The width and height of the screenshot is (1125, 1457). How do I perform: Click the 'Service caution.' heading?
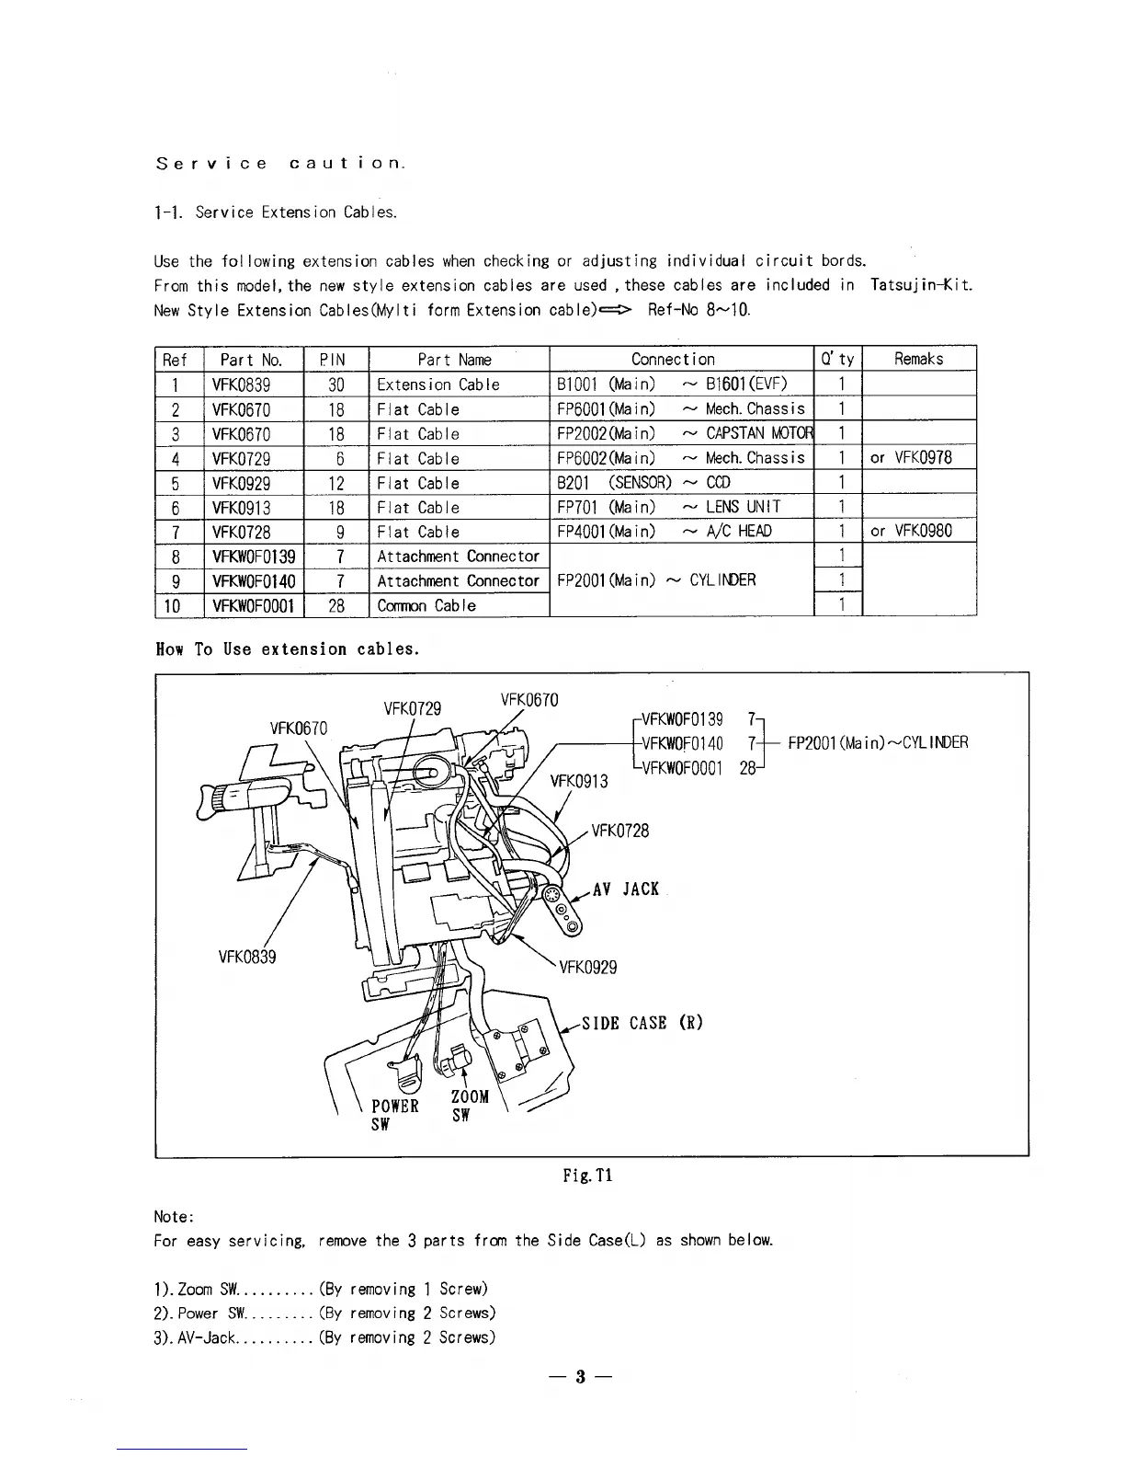pos(280,165)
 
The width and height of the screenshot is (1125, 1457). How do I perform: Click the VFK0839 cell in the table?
pos(241,384)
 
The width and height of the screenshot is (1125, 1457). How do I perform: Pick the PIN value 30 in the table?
pos(335,384)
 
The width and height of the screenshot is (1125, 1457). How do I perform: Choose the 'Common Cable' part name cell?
pos(426,605)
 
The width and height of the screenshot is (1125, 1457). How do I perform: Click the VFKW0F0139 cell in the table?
pos(254,556)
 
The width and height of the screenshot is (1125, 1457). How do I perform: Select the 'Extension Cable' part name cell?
pos(438,384)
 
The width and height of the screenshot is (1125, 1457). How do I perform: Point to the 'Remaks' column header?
pos(918,360)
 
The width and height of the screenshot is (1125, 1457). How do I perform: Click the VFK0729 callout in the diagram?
pos(412,708)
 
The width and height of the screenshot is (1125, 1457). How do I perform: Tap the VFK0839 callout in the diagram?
pos(247,957)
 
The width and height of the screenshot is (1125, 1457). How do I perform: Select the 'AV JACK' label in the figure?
pos(626,889)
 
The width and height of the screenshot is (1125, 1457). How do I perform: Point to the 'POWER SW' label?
pos(395,1115)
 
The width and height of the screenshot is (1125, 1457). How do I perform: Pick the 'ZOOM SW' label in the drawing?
pos(470,1107)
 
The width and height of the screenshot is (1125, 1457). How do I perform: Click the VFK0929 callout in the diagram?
pos(588,967)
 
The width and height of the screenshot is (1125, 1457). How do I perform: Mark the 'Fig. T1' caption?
pos(588,1176)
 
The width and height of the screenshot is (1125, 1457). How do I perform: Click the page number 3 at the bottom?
pos(580,1377)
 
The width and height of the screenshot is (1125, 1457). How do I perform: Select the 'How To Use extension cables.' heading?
pos(288,649)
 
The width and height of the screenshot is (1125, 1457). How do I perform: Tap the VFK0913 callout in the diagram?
pos(579,782)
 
